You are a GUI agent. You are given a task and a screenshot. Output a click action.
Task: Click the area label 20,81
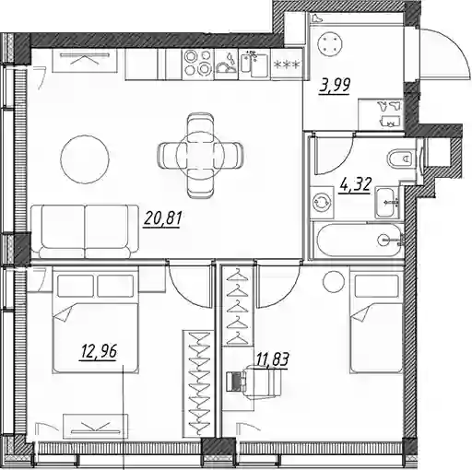[162, 218]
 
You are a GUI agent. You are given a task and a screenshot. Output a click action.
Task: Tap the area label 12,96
[99, 351]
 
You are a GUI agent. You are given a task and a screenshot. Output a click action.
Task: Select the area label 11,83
[272, 359]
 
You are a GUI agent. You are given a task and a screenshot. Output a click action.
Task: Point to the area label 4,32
[355, 184]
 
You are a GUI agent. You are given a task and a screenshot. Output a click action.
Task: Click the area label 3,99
[335, 85]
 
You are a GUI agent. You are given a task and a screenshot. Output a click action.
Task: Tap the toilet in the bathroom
[401, 159]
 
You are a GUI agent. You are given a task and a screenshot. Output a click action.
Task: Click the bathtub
[359, 240]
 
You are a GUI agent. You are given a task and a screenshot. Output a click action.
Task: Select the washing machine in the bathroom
[322, 203]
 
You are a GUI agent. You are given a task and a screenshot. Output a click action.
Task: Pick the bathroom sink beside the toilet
[387, 203]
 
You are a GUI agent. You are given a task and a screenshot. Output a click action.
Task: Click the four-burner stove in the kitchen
[198, 64]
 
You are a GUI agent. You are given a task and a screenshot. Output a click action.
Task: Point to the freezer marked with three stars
[287, 65]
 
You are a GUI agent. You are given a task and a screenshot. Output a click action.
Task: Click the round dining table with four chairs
[200, 156]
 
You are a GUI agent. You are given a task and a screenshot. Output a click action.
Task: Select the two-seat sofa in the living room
[85, 231]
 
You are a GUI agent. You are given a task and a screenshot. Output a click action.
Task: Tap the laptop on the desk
[235, 381]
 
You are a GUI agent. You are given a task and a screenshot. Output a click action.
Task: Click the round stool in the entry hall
[330, 41]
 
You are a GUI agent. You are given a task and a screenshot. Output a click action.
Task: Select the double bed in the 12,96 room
[95, 320]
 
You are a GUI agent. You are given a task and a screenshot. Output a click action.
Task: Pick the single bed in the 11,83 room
[377, 321]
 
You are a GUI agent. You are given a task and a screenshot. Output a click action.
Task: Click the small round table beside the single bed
[334, 282]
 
